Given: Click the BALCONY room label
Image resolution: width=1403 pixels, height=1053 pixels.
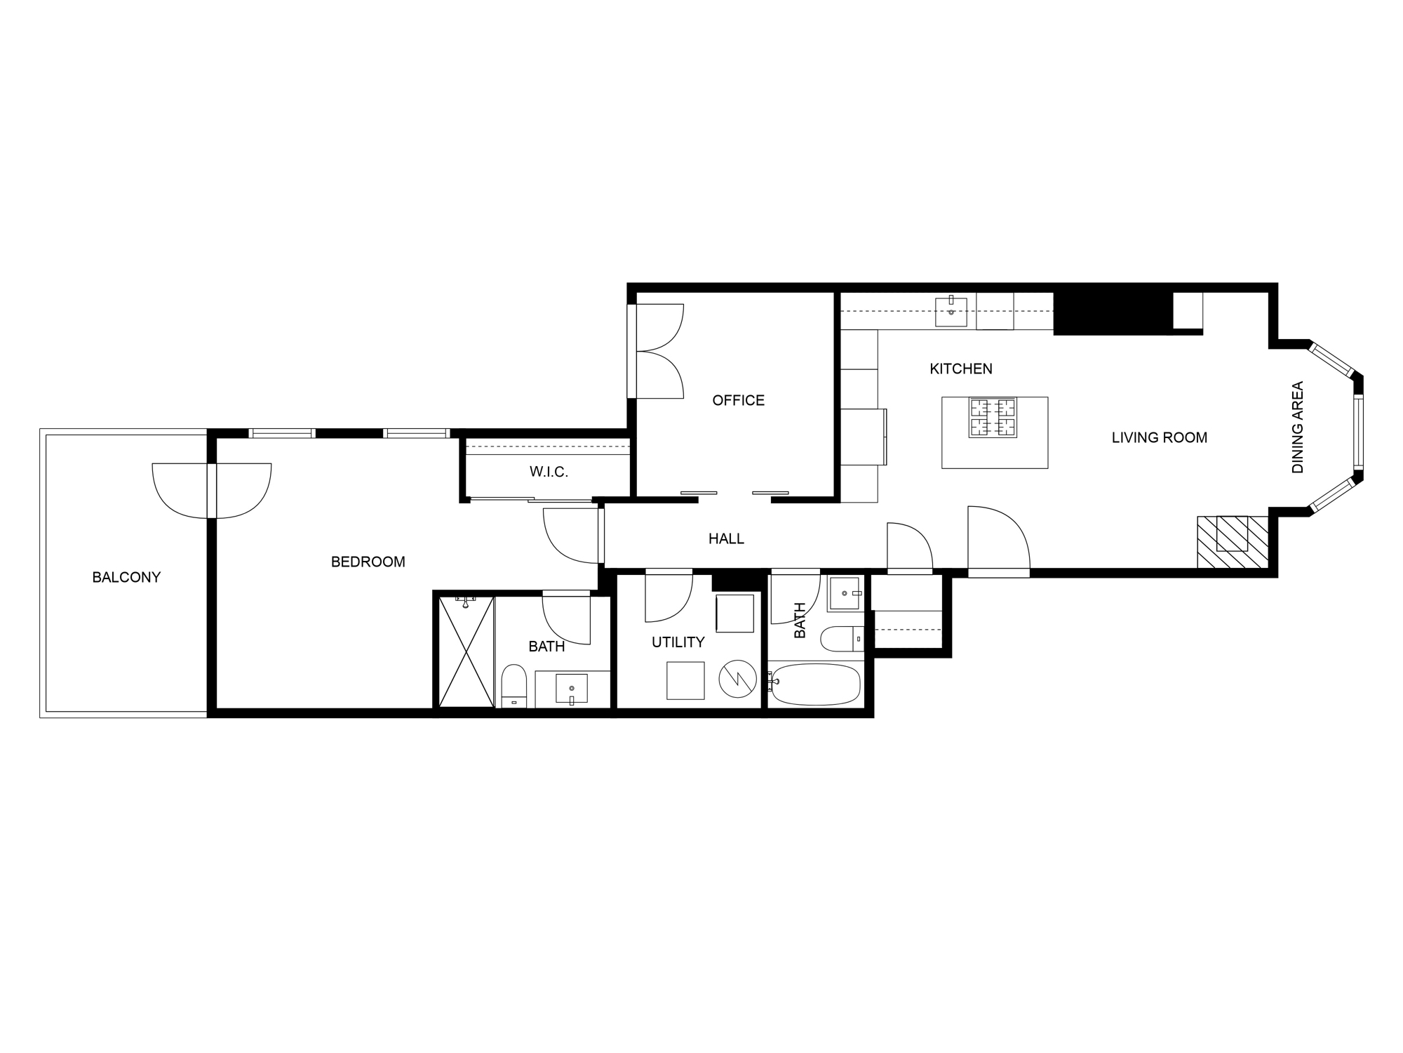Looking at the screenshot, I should coord(126,577).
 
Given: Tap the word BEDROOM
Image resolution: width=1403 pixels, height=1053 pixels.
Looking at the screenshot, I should coord(368,562).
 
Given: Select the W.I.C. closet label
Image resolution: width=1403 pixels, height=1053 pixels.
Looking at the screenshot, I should coord(549,472).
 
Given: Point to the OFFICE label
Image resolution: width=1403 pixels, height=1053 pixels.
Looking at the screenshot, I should coord(738,400).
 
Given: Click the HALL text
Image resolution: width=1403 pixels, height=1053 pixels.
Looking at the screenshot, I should coord(726,538).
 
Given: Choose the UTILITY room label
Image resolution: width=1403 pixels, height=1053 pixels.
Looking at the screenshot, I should coord(678,642).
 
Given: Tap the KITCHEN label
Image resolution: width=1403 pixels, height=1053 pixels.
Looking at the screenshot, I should coord(960,369).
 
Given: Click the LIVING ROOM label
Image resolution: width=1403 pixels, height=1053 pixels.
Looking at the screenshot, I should coord(1159,437).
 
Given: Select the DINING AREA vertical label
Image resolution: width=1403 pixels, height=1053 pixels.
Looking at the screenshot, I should coord(1297,427).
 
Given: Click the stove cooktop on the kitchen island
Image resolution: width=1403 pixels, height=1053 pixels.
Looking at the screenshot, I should coord(993,418).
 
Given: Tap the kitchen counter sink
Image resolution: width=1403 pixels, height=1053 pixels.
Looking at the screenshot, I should coord(951,312).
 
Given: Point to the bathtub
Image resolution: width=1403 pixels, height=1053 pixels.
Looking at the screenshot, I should coord(816,684).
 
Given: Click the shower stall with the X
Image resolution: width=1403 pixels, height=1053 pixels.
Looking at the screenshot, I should coord(466,651).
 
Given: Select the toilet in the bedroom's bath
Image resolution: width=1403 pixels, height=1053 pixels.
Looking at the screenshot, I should coord(514,686).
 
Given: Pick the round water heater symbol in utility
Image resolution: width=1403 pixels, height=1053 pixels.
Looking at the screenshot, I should coord(737,677).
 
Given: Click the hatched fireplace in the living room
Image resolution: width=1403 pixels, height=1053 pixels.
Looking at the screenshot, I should coord(1232,541).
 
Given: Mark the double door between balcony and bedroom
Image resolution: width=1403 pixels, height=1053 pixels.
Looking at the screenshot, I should coord(211,490).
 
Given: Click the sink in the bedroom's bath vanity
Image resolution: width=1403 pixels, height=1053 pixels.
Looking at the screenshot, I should coord(572,688).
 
